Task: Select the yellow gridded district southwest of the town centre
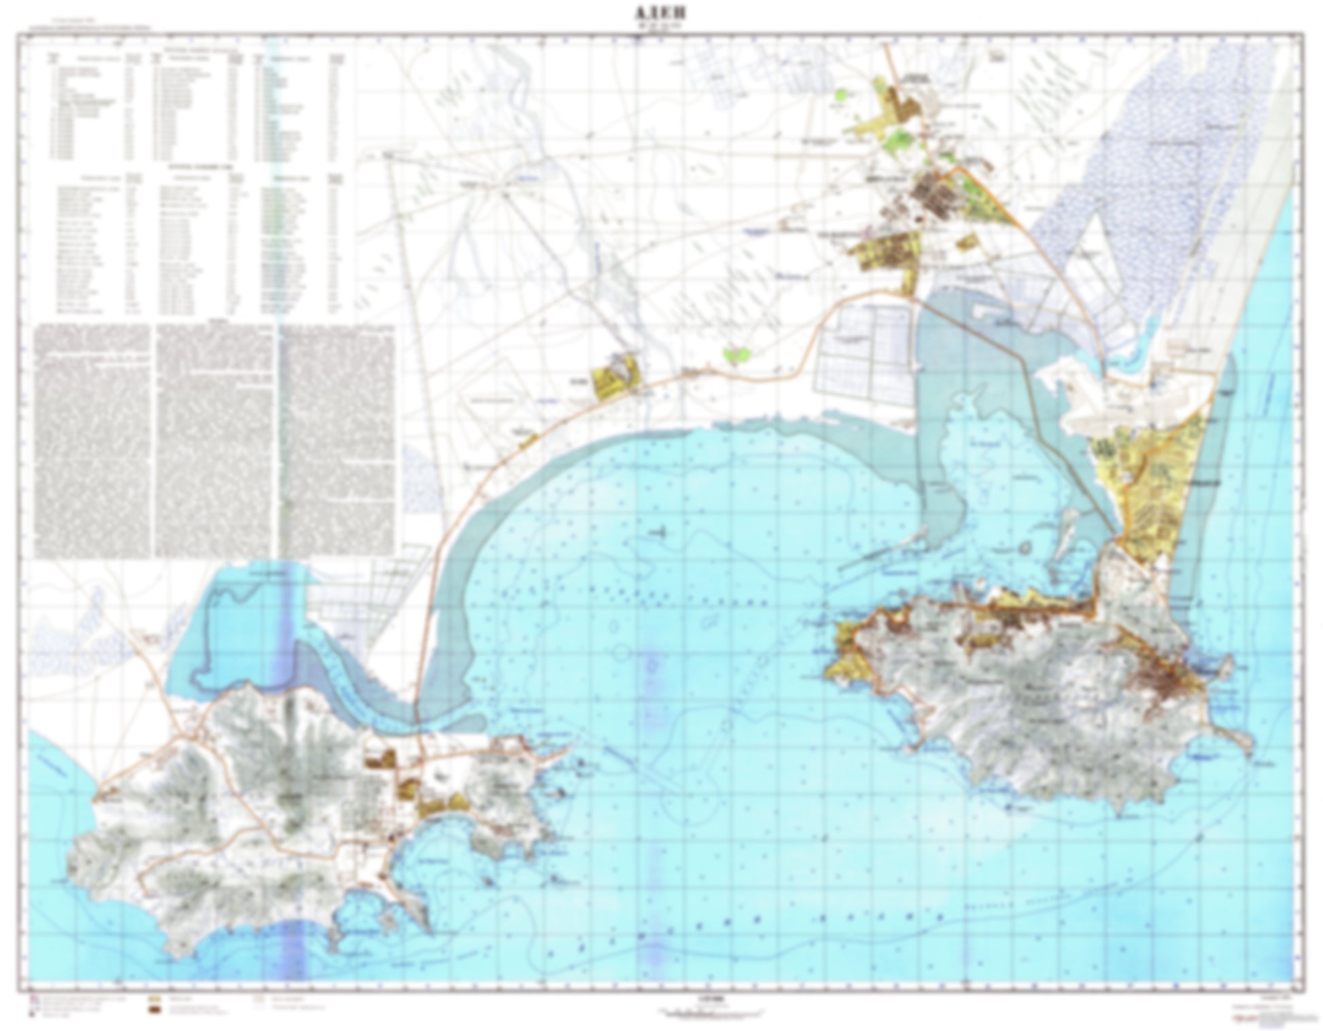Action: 887,251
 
